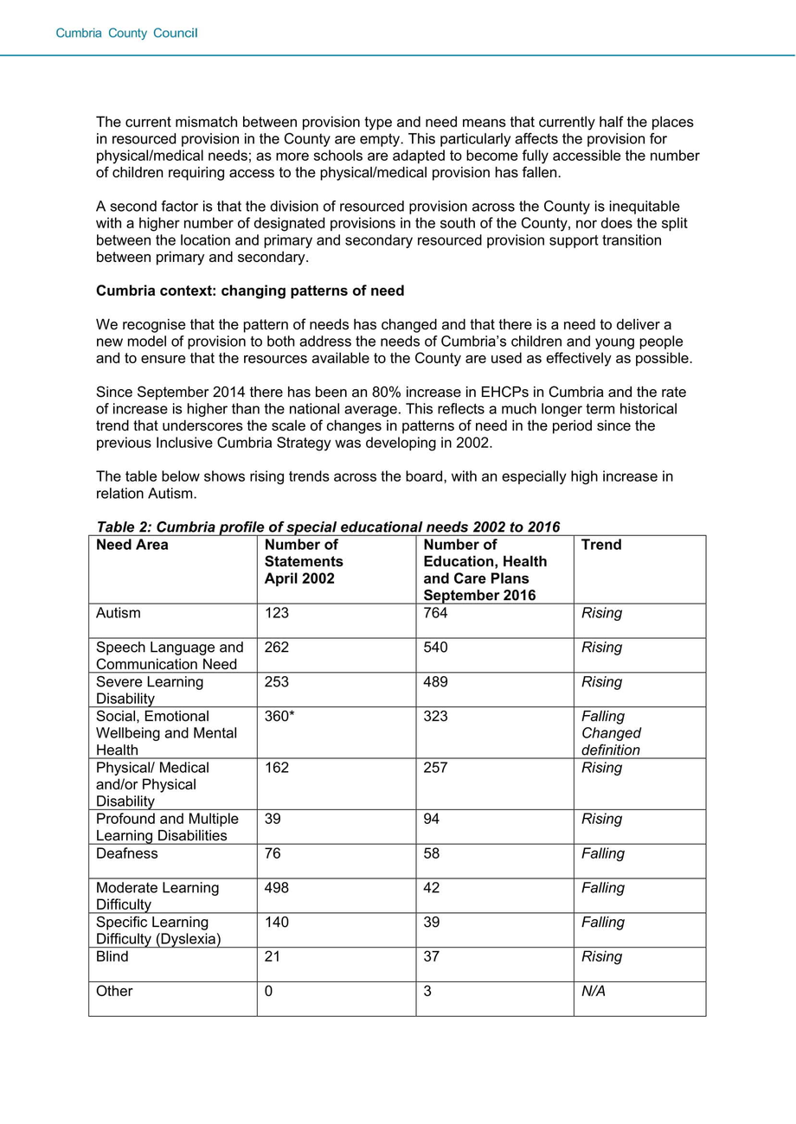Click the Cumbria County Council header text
click(x=127, y=34)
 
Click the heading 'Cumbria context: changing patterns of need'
click(x=250, y=291)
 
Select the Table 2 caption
click(x=328, y=527)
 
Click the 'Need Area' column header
click(x=132, y=545)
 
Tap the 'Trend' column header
click(x=601, y=545)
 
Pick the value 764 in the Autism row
click(x=436, y=613)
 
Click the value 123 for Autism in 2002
click(x=277, y=613)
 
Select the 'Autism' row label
click(x=119, y=613)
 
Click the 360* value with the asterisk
click(x=279, y=716)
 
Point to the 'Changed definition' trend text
click(x=611, y=742)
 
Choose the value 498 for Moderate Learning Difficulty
click(x=277, y=888)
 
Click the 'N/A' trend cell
click(x=594, y=991)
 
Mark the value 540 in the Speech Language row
click(x=436, y=648)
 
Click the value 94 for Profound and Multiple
click(x=432, y=819)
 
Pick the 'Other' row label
click(x=114, y=991)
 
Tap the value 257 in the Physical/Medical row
click(x=436, y=768)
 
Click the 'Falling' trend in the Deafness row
click(x=603, y=853)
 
